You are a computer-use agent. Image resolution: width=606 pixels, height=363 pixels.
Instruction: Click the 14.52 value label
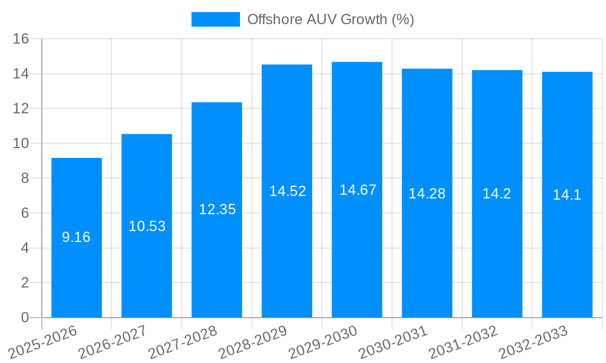pyautogui.click(x=288, y=191)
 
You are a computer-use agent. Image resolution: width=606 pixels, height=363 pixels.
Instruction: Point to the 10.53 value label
pyautogui.click(x=147, y=226)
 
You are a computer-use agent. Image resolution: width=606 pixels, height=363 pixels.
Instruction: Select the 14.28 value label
pyautogui.click(x=427, y=194)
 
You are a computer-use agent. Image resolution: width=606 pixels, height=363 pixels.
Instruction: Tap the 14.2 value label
pyautogui.click(x=497, y=194)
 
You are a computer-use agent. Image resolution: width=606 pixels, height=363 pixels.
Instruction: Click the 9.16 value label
pyautogui.click(x=76, y=237)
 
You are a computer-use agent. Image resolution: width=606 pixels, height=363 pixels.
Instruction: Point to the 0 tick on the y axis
pyautogui.click(x=25, y=318)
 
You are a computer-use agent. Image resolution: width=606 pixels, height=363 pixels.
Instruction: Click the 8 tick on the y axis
pyautogui.click(x=25, y=178)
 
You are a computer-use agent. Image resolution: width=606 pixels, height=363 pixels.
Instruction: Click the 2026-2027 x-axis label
pyautogui.click(x=113, y=342)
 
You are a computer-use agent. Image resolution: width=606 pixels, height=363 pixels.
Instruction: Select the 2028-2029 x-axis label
pyautogui.click(x=253, y=342)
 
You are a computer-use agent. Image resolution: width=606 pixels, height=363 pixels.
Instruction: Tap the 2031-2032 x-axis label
pyautogui.click(x=464, y=342)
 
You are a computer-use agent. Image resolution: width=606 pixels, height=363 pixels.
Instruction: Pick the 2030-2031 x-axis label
pyautogui.click(x=393, y=342)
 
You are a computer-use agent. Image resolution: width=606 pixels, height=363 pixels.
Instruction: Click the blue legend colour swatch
pyautogui.click(x=215, y=19)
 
